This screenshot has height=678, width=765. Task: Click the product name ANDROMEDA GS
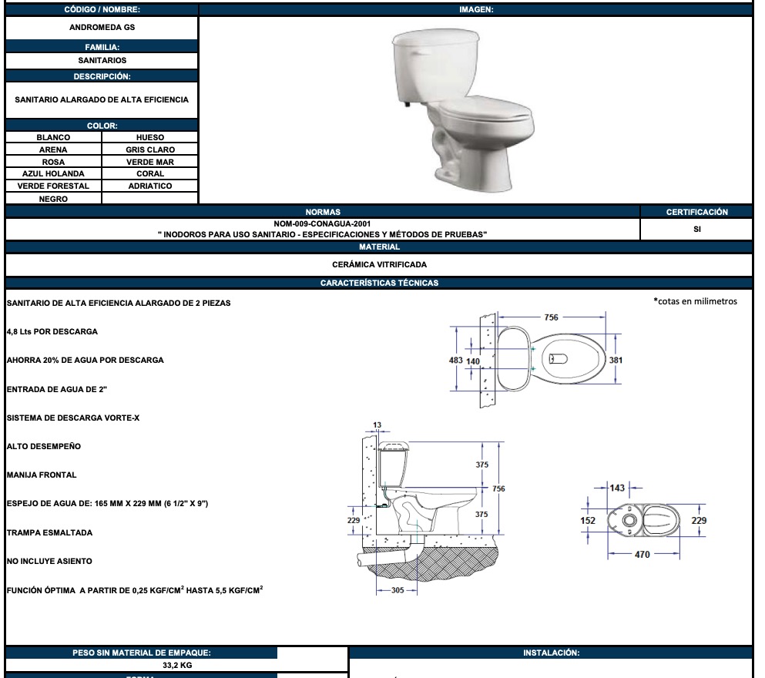(102, 27)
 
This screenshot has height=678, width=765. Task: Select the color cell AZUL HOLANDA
(53, 173)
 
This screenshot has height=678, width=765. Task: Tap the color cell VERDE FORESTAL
(53, 186)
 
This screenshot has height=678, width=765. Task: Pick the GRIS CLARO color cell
(150, 149)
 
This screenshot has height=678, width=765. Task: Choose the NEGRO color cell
(53, 199)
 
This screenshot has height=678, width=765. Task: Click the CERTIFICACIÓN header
(696, 212)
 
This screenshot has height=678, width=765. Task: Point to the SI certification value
(696, 230)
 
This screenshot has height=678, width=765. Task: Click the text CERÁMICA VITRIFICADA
(379, 264)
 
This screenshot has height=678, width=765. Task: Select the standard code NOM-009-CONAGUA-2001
(322, 224)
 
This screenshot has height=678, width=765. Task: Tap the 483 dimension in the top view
(455, 360)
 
